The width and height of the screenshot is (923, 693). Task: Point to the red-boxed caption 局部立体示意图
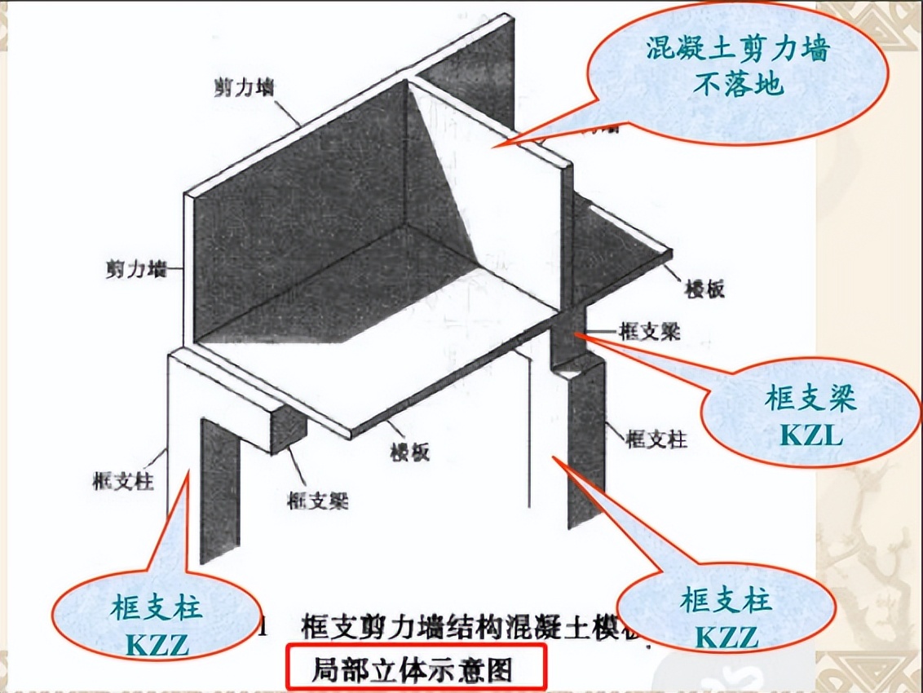[413, 670]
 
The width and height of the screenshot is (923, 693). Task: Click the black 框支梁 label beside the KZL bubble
[651, 332]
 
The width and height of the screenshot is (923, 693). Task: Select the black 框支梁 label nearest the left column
[318, 500]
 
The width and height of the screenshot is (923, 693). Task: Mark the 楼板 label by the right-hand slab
[705, 288]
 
